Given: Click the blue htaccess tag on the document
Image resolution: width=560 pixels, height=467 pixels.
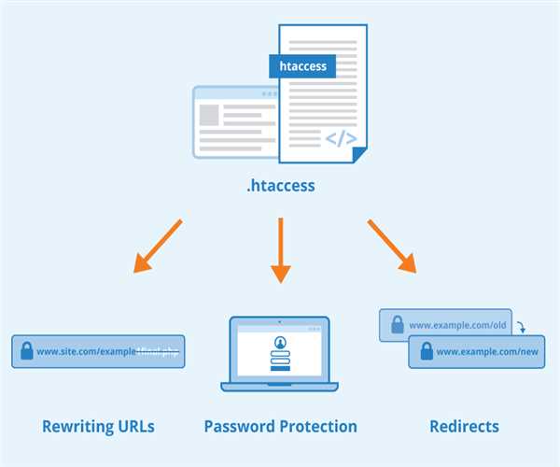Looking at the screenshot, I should click(303, 66).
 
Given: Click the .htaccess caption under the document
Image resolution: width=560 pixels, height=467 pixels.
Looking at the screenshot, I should click(280, 186).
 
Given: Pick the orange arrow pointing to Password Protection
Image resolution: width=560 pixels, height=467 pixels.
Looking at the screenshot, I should click(281, 250).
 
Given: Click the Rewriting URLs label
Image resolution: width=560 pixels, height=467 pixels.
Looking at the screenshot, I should click(98, 427).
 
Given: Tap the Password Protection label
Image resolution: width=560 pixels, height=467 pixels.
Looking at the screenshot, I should click(280, 427).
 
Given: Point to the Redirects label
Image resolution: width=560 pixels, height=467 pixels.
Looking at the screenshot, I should click(464, 427).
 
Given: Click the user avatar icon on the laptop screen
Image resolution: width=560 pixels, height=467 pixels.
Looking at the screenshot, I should click(281, 341).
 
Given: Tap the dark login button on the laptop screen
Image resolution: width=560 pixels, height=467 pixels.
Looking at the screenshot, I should click(281, 368).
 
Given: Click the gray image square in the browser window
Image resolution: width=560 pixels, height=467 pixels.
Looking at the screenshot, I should click(209, 115).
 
